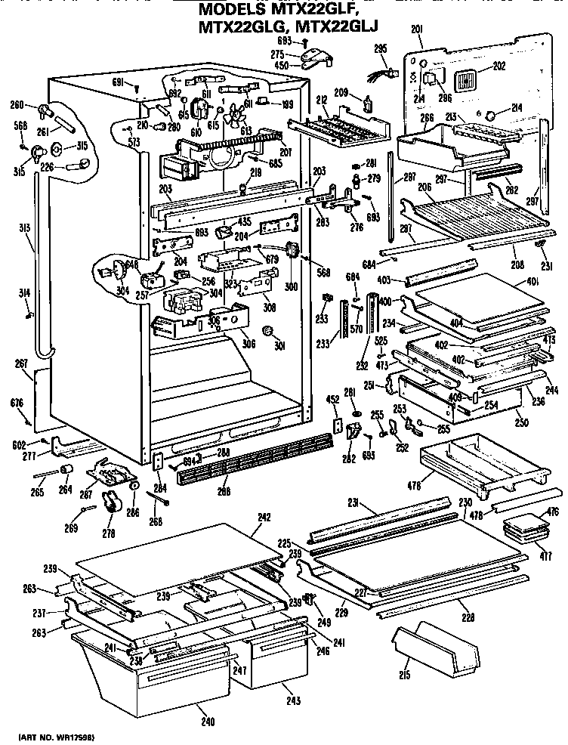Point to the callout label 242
[263, 519]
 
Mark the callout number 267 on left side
[22, 364]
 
